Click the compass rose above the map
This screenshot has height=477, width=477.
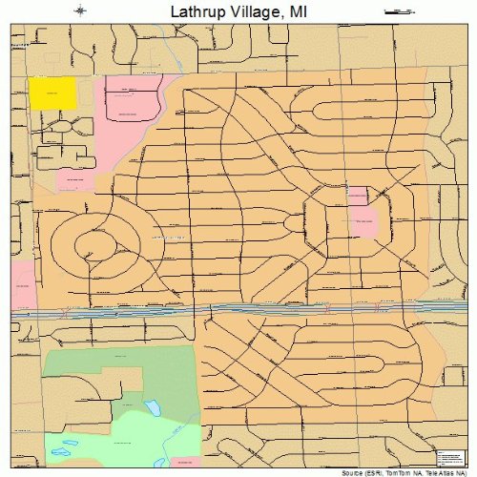click(79, 11)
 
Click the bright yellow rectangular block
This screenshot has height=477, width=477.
click(52, 93)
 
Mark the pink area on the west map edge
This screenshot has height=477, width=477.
click(22, 282)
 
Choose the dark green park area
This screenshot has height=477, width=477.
click(105, 372)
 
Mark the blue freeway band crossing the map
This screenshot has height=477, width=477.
click(238, 309)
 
